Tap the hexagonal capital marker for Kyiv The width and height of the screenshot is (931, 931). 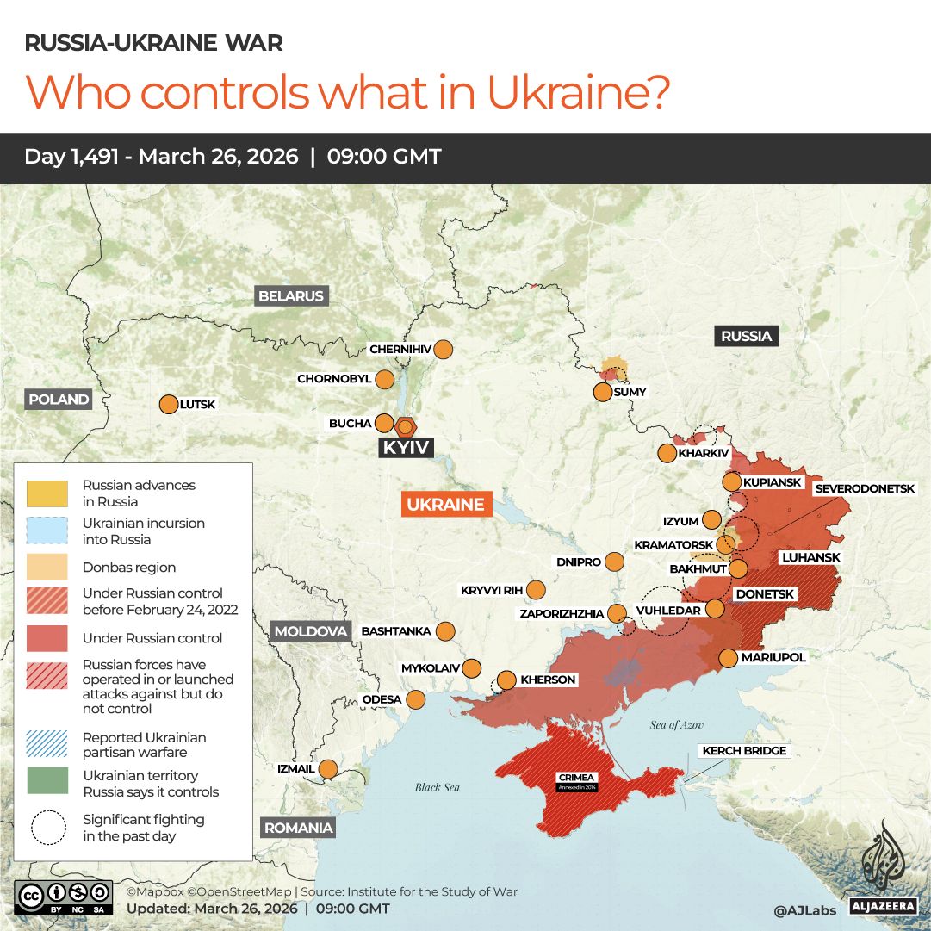pyautogui.click(x=406, y=425)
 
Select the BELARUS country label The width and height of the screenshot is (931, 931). pyautogui.click(x=291, y=296)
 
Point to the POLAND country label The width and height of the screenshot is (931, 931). pyautogui.click(x=59, y=399)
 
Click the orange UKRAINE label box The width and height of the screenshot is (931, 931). pyautogui.click(x=445, y=505)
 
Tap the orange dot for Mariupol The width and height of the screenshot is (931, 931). pyautogui.click(x=728, y=658)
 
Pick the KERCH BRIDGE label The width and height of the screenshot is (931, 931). pyautogui.click(x=744, y=751)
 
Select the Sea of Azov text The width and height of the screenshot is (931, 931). pyautogui.click(x=677, y=725)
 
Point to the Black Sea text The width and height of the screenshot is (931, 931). pyautogui.click(x=437, y=787)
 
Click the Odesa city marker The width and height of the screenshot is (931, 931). pyautogui.click(x=416, y=699)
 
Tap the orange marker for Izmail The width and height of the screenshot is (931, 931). pyautogui.click(x=328, y=768)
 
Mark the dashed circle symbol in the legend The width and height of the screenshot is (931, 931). pyautogui.click(x=49, y=828)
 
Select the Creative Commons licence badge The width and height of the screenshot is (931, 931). pyautogui.click(x=63, y=897)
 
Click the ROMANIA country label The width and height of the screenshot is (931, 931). pyautogui.click(x=298, y=828)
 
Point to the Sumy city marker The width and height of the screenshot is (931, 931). pyautogui.click(x=603, y=393)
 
